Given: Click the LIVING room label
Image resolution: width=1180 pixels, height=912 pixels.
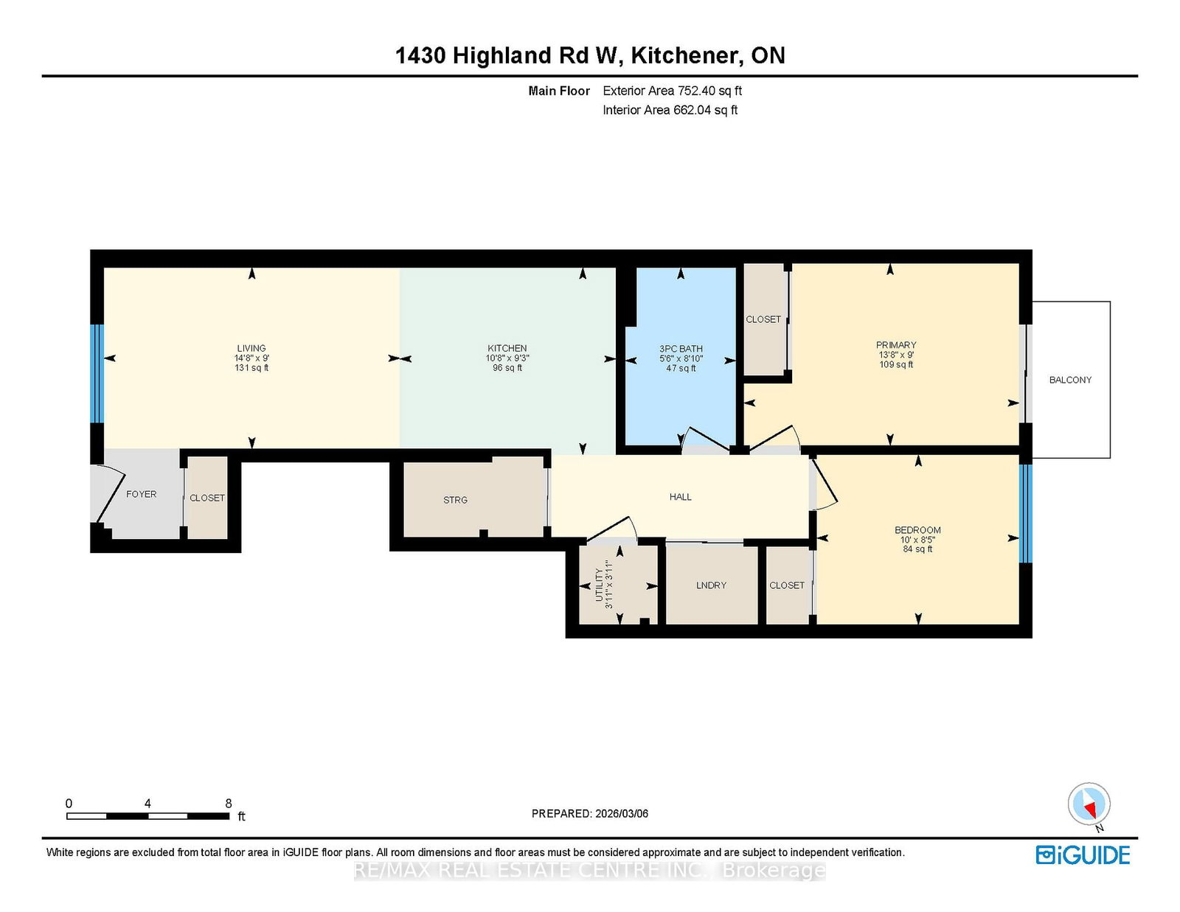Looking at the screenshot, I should pos(251,348).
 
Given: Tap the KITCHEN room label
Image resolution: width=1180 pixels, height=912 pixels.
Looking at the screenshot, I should pos(507,348).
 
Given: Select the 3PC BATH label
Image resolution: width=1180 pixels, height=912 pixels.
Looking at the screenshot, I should pos(681,349).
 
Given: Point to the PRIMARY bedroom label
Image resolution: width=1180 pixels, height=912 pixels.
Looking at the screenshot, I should pos(896,345).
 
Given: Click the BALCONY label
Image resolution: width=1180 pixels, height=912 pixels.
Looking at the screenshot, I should pos(1070,380).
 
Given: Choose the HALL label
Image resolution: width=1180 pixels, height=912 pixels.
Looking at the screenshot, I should pos(680,497).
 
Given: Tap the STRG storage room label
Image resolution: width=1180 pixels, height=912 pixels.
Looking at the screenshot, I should pos(455,500).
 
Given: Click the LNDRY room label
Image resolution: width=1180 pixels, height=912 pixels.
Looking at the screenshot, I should pos(711,585).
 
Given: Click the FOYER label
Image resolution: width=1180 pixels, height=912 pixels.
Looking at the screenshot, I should pos(141,494).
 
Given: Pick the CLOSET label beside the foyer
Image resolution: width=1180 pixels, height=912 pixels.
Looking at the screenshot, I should pos(206,498).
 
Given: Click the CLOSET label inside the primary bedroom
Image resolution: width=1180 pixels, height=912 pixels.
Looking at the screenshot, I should pos(763,319).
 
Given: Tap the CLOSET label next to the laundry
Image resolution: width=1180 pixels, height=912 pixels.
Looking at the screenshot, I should pos(786,585).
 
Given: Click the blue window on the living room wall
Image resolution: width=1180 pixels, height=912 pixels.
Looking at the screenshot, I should pos(97,374).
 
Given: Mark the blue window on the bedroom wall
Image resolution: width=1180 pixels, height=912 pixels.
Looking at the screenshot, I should pos(1025,513).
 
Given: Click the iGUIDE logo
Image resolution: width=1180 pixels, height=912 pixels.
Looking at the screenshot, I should pos(1083,855).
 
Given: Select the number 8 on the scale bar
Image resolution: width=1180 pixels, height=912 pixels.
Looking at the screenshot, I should pos(228,804).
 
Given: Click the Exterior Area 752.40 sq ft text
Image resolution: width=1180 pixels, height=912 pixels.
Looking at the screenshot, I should pos(672,91).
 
